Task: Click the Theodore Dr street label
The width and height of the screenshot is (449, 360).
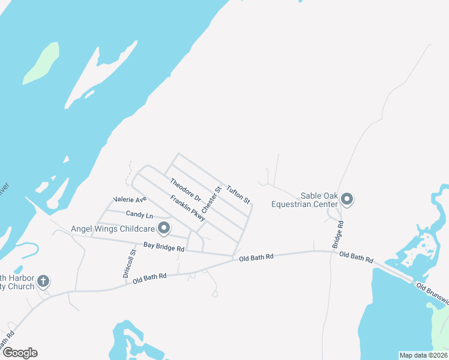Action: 185,190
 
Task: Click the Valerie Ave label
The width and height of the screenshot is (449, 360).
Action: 130,199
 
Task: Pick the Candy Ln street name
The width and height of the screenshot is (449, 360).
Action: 139,214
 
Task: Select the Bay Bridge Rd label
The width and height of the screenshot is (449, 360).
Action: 164,247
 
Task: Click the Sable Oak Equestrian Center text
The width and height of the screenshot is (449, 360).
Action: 306,200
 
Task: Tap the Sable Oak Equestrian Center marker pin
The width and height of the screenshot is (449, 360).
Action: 347,199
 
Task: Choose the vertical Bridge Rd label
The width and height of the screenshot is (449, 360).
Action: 339,235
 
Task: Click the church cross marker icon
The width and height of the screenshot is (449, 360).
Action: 43,280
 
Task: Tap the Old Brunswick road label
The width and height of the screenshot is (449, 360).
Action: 432,293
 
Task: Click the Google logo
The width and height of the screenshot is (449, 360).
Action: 20,353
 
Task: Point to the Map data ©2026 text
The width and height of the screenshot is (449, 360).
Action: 423,355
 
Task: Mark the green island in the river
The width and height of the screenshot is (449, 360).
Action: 41,63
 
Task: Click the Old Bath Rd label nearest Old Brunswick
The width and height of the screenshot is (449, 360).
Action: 356,258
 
